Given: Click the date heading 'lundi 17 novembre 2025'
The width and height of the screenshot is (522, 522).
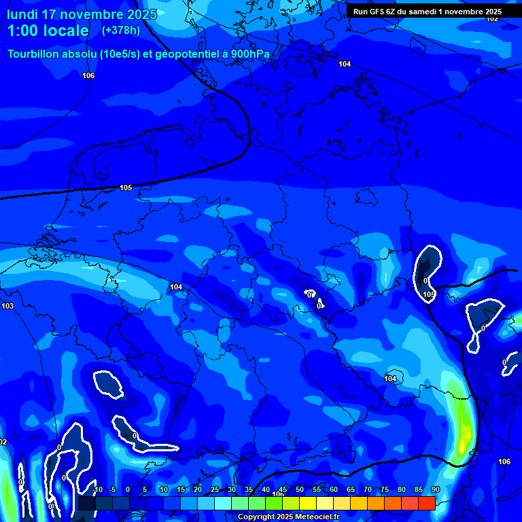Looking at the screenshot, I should pyautogui.click(x=82, y=14).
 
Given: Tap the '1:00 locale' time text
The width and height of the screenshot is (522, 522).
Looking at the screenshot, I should pyautogui.click(x=48, y=31).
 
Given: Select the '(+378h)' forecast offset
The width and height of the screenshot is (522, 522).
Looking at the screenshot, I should pyautogui.click(x=121, y=31).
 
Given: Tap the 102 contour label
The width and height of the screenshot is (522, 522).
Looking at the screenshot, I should pyautogui.click(x=492, y=18).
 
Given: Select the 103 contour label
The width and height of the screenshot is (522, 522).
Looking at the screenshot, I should pyautogui.click(x=7, y=307).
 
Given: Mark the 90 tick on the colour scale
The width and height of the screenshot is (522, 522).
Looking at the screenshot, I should pyautogui.click(x=435, y=490).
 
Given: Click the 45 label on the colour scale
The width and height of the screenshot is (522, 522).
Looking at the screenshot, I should pyautogui.click(x=283, y=490).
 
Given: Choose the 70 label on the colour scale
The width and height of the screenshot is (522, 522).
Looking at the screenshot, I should pyautogui.click(x=368, y=490).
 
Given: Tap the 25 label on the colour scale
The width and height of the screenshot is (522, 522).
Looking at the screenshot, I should pyautogui.click(x=215, y=490).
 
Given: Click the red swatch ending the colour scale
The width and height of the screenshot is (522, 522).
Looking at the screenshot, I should pyautogui.click(x=426, y=503).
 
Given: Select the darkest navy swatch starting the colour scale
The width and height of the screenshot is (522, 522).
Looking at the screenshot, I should pyautogui.click(x=86, y=503).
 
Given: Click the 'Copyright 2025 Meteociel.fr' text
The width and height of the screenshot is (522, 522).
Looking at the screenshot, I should pyautogui.click(x=288, y=517).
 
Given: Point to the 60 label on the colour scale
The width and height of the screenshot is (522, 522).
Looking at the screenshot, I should pyautogui.click(x=334, y=490).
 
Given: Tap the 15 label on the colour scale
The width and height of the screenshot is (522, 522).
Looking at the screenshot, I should pyautogui.click(x=181, y=490).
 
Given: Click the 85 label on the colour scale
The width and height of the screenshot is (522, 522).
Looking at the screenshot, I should pyautogui.click(x=419, y=490).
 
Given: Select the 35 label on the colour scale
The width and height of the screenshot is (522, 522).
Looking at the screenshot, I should pyautogui.click(x=249, y=490).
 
